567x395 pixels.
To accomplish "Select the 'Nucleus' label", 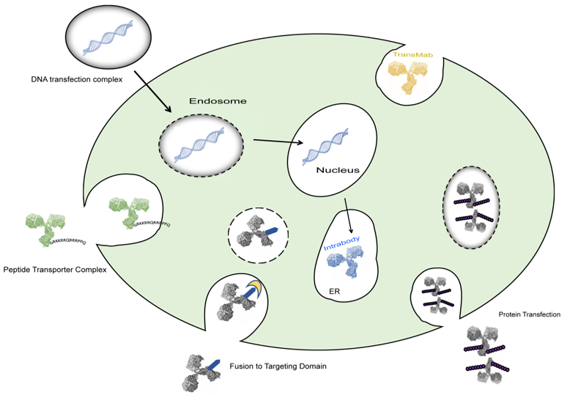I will (x=337, y=170).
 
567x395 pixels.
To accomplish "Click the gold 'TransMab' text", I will (x=412, y=55).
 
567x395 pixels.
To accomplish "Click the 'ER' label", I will (x=334, y=290).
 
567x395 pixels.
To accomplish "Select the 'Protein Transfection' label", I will (x=529, y=314).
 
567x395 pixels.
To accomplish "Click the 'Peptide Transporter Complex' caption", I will (x=55, y=269).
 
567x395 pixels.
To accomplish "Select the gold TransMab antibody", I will (x=406, y=78).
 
